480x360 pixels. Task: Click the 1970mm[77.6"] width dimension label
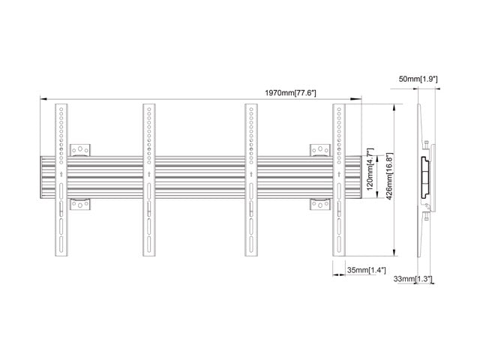pos(290,92)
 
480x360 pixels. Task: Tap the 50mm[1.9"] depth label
pos(418,78)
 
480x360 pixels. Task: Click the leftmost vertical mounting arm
pos(60,180)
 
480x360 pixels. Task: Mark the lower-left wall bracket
pos(80,205)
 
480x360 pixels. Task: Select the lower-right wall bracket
pos(319,205)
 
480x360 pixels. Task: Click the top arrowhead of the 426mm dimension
pos(394,107)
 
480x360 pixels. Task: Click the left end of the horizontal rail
pos(43,178)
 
